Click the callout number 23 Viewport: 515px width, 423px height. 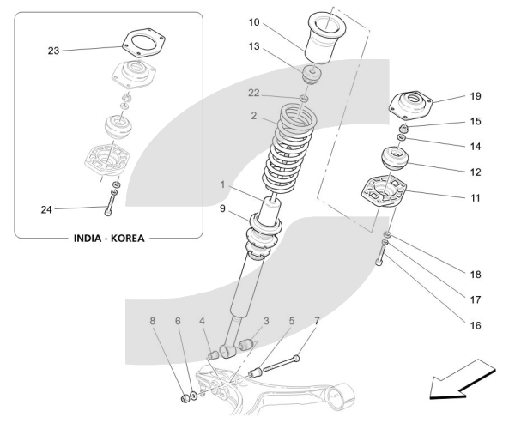53,51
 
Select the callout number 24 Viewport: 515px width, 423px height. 46,209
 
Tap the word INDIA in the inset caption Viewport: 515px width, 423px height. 87,239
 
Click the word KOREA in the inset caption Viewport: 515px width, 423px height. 127,239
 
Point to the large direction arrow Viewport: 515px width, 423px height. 463,379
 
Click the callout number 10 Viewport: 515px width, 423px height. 254,22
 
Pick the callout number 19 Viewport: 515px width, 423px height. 476,96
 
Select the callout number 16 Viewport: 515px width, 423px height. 476,325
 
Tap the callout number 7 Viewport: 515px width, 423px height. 317,321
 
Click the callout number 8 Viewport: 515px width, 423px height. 153,321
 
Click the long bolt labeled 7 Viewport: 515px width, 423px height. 282,364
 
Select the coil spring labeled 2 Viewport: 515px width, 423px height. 290,148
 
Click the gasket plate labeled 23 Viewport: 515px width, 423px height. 143,44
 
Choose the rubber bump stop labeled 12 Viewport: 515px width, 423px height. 395,159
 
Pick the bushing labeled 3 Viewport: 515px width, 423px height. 246,345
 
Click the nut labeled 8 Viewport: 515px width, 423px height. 186,399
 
